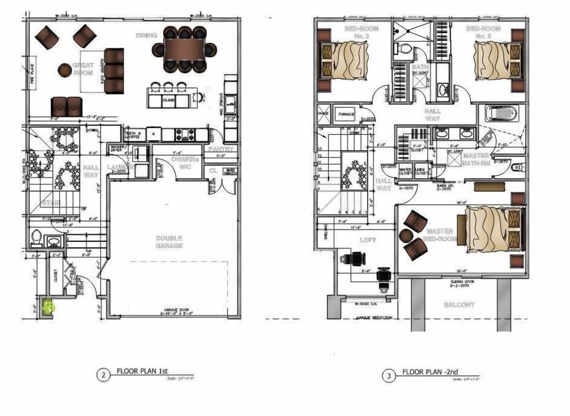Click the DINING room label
coord(146,36)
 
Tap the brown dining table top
coord(184,49)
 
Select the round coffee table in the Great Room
coord(65,70)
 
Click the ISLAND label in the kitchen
coord(167,100)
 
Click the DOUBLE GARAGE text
coord(169,241)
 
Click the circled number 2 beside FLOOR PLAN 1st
coord(103,375)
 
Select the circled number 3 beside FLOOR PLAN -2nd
coord(389,375)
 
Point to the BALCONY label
coord(460,305)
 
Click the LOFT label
coord(369,240)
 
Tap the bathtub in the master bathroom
coord(501,113)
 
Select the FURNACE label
coord(347,114)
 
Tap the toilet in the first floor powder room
coord(36,239)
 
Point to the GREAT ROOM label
coord(83,68)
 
